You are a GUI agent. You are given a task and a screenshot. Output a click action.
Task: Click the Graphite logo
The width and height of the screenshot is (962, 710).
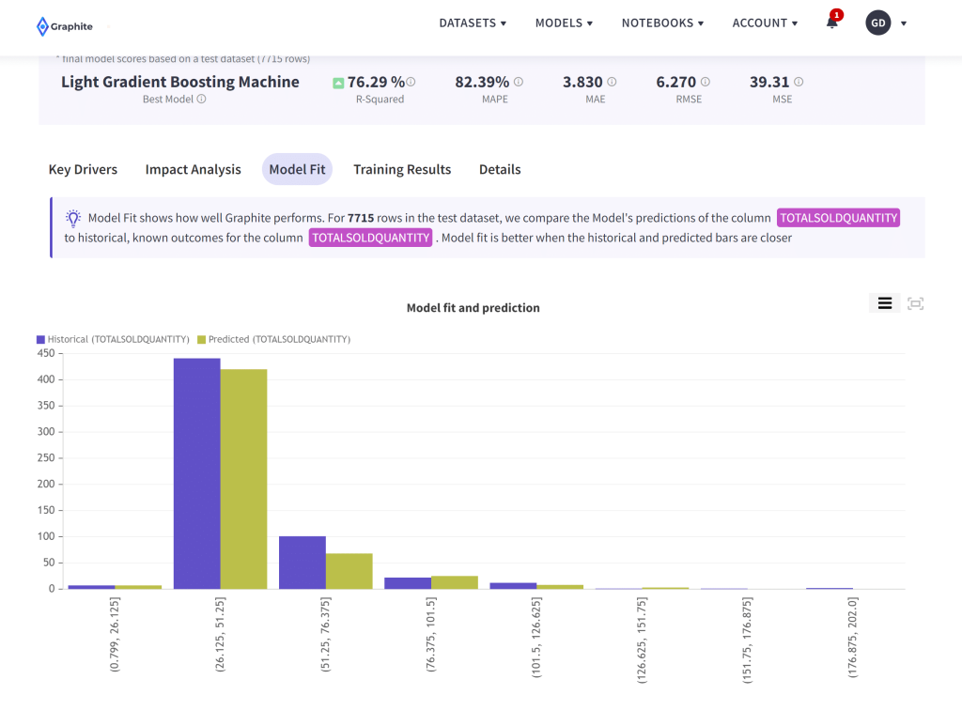click(64, 26)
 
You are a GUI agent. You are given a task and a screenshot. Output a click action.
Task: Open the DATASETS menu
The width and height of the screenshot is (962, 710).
click(473, 23)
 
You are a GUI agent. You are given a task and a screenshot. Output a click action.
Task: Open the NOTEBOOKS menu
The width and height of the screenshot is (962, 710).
click(663, 23)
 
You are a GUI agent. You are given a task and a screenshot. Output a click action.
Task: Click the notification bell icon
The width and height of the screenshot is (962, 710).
click(831, 23)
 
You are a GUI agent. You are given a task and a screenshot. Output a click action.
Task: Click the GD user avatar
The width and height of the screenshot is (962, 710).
click(877, 23)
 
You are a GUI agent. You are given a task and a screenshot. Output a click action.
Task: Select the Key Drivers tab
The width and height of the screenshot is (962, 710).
click(83, 169)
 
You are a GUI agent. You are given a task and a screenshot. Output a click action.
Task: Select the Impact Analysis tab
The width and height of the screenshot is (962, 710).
click(193, 169)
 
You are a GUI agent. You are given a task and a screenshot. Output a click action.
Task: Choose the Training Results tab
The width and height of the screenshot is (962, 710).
click(402, 169)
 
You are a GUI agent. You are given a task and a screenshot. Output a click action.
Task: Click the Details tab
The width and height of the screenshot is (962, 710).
click(500, 169)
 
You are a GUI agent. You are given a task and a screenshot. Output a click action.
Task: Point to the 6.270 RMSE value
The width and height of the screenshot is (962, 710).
click(676, 82)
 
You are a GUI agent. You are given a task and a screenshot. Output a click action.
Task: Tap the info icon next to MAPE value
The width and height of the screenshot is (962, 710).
click(519, 82)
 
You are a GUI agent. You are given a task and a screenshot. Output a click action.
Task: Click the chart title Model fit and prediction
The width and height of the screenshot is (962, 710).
click(473, 308)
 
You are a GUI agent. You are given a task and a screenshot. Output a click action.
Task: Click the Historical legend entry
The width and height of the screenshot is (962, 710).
click(113, 339)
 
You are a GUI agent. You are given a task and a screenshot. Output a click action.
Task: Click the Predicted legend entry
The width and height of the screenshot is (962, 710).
click(273, 339)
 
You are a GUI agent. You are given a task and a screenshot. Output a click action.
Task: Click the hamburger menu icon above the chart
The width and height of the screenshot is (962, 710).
click(884, 302)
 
